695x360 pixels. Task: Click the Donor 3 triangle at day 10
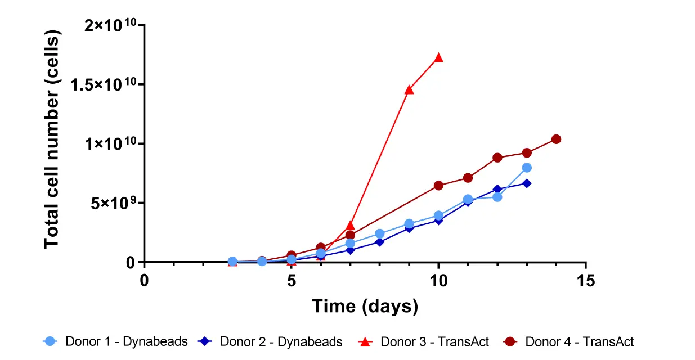pos(438,57)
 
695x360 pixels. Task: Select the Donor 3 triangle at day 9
pos(409,89)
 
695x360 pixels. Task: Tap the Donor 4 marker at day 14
pos(556,139)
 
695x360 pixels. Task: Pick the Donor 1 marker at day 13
pos(527,168)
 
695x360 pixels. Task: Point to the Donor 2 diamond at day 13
pos(527,183)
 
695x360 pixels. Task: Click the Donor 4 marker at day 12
pos(497,157)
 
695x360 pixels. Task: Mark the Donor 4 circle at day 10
pos(438,186)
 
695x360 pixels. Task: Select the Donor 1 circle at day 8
pos(380,233)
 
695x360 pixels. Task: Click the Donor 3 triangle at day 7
pos(350,226)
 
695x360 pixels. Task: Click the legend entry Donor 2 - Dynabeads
pos(270,341)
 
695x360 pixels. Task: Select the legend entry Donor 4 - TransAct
pos(570,341)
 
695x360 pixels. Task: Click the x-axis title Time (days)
pos(365,306)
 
